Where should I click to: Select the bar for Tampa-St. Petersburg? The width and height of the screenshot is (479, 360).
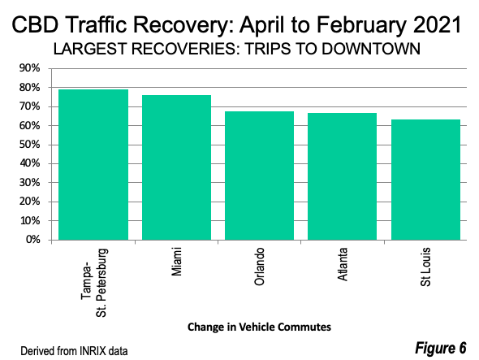coord(93,164)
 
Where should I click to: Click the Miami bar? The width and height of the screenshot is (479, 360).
coord(176,167)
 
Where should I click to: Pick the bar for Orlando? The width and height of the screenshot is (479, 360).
coord(259,176)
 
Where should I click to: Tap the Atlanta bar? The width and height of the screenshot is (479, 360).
coord(342,176)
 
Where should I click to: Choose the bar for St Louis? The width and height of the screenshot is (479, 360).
coord(426,180)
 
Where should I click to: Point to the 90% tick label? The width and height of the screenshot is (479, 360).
coord(29,68)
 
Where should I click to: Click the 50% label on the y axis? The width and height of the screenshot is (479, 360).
coord(29,145)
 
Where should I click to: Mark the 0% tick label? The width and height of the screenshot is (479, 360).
coord(33,240)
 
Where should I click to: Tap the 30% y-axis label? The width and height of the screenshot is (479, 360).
coord(29,183)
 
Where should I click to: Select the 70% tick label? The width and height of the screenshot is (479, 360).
coord(29,106)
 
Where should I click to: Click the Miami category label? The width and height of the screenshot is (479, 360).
coord(177,262)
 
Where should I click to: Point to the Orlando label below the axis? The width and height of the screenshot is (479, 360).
coord(259,267)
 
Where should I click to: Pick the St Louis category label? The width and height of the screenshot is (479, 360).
coord(425,267)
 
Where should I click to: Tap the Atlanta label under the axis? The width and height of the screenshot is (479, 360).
coord(343,264)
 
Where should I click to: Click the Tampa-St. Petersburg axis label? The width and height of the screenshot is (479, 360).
coord(93,283)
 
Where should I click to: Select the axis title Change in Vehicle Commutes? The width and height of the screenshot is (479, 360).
coord(259,327)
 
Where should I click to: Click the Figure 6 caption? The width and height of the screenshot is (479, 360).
coord(441,348)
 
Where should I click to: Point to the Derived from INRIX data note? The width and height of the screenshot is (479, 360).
coord(74,351)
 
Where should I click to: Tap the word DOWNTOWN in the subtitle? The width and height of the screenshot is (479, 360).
coord(371,49)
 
